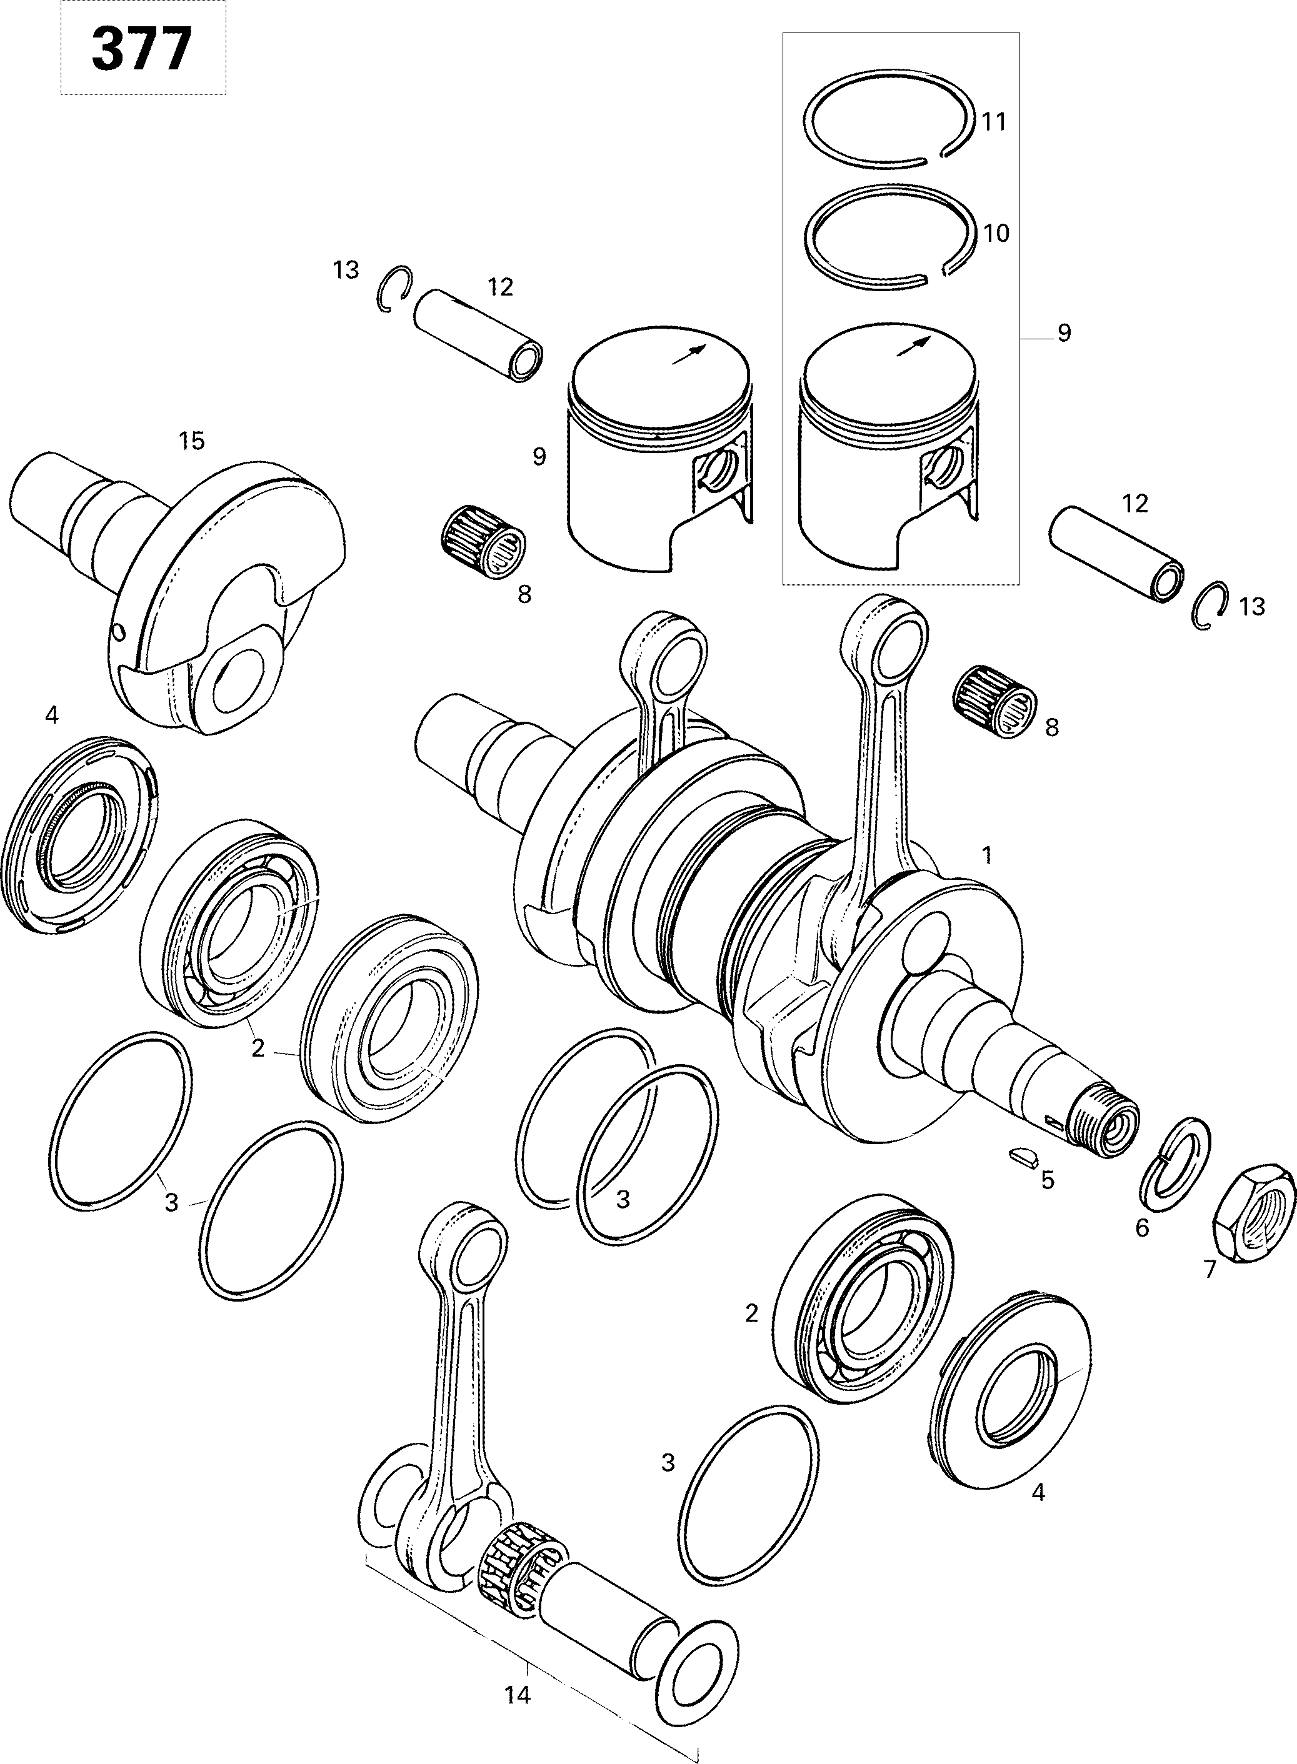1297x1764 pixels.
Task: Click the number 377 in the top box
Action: [142, 49]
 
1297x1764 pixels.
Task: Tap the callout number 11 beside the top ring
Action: [994, 122]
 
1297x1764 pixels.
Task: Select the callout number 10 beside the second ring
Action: [996, 233]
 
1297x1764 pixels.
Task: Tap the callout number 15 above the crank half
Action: [191, 441]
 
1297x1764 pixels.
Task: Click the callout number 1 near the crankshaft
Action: [987, 855]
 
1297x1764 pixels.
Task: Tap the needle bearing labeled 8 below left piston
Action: [481, 541]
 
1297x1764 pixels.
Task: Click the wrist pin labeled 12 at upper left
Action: [479, 335]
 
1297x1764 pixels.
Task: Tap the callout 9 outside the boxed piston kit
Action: [1064, 334]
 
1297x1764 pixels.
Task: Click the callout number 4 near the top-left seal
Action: [52, 715]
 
